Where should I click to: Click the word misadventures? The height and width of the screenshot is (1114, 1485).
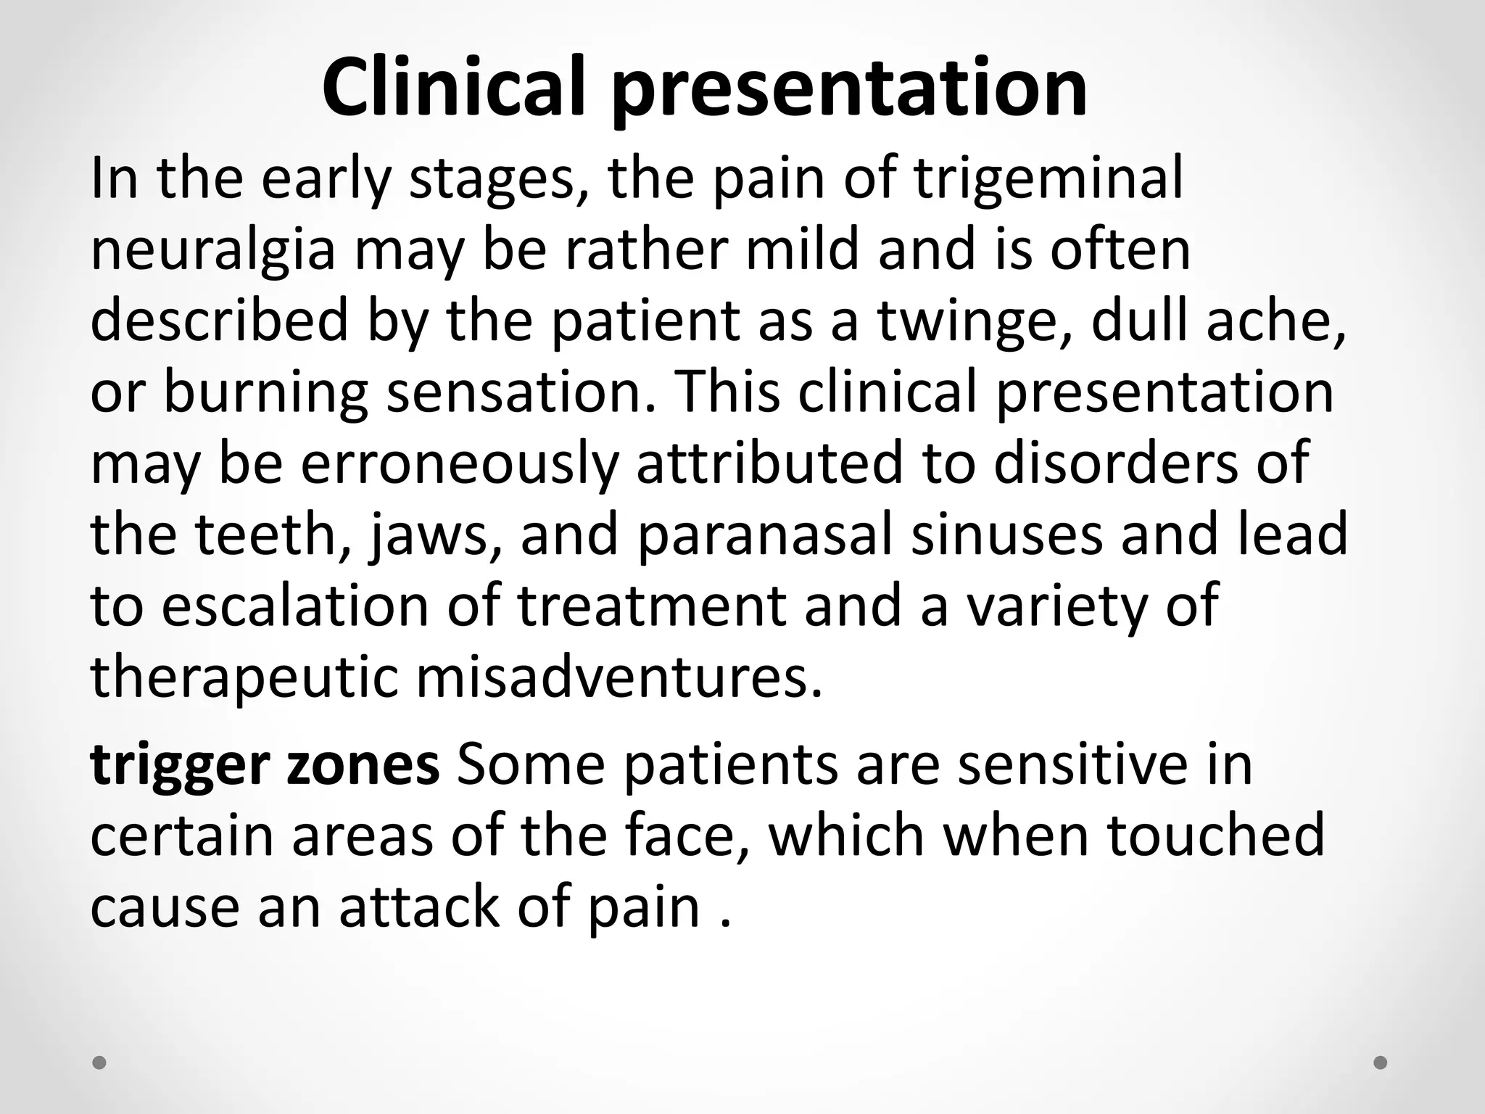click(620, 677)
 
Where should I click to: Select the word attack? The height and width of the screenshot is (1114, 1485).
click(420, 907)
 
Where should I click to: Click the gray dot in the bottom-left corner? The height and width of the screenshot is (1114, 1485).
click(100, 1063)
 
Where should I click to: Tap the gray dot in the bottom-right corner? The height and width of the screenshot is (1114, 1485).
click(1381, 1063)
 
